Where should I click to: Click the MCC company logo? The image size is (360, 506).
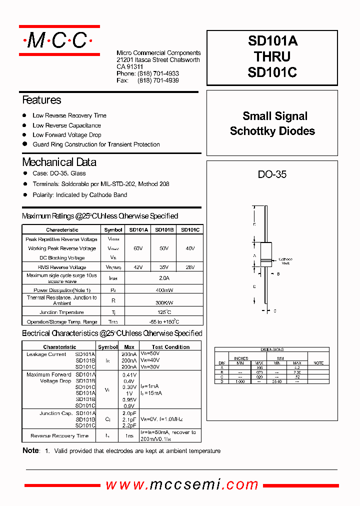click(59, 40)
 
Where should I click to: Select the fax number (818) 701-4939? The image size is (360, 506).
click(158, 80)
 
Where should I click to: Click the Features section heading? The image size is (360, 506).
click(41, 100)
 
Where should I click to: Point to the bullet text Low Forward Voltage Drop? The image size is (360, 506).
click(66, 135)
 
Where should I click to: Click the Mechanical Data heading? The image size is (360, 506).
click(59, 162)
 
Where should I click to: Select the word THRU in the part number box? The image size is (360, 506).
click(272, 56)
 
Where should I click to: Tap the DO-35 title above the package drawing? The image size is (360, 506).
click(272, 174)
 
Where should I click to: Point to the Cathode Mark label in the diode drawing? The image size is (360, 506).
click(285, 261)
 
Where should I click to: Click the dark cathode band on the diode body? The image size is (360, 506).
click(266, 260)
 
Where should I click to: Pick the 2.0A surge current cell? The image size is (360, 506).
click(163, 278)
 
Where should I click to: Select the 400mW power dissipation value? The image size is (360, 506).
click(163, 290)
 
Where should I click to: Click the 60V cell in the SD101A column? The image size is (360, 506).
click(138, 248)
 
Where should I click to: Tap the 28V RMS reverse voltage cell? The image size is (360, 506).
click(190, 267)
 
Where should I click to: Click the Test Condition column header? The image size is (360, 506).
click(171, 347)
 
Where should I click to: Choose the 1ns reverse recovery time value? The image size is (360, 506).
click(129, 436)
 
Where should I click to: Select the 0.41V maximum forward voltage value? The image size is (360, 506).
click(129, 374)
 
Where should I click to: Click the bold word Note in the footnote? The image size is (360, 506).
click(30, 451)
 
